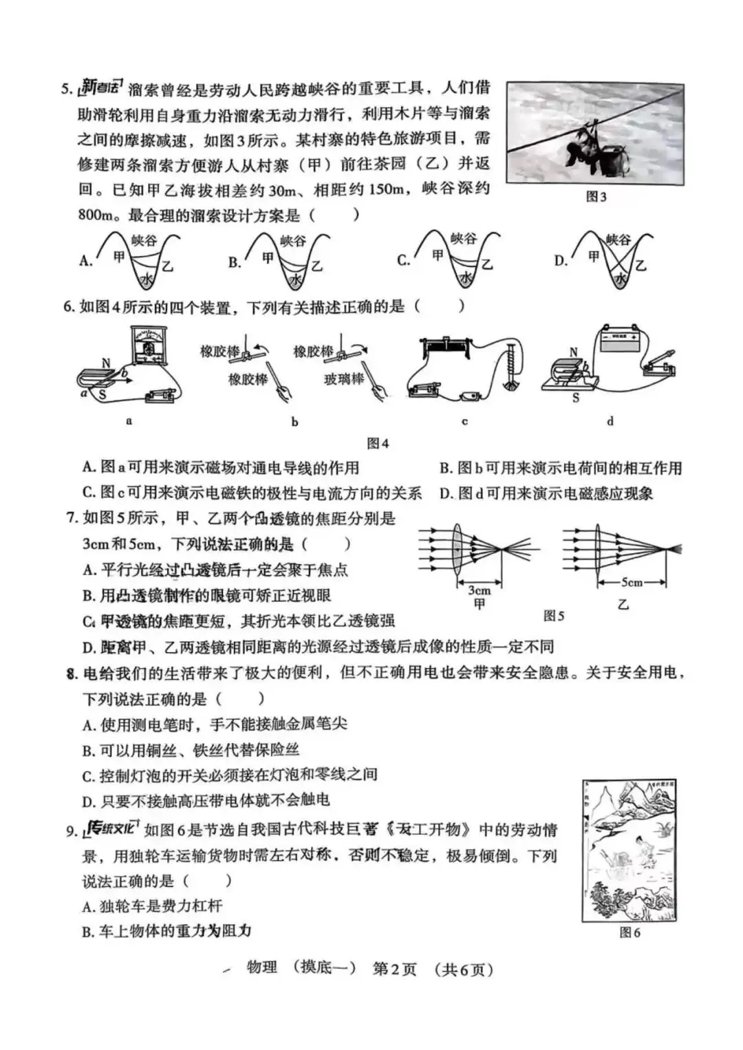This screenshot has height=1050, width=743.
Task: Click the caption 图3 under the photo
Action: point(596,197)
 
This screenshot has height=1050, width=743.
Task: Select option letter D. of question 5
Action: point(561,261)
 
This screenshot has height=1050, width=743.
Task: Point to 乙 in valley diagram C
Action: point(487,264)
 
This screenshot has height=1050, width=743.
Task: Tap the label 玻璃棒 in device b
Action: point(344,379)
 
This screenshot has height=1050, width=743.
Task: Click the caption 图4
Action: point(378,444)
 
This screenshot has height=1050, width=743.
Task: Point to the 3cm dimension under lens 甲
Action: point(479,590)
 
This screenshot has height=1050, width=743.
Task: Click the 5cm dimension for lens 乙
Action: point(632,583)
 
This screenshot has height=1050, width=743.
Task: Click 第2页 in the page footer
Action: point(394,969)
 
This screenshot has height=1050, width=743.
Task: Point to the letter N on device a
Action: point(106,363)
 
